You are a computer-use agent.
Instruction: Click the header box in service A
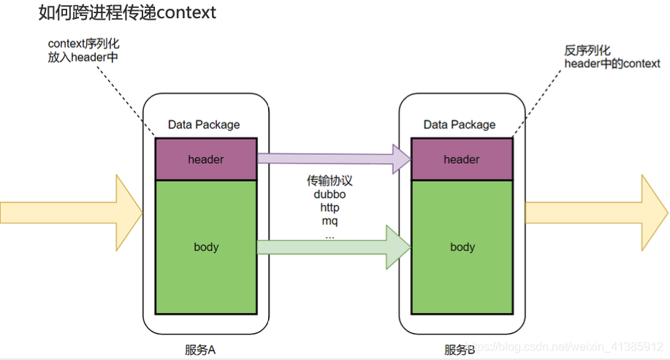[x=205, y=159]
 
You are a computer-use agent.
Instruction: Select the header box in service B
[x=461, y=159]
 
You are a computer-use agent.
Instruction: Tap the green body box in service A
[x=205, y=247]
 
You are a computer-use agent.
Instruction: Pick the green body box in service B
[x=461, y=247]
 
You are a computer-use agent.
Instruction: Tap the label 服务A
[x=199, y=349]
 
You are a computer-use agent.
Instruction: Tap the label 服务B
[x=460, y=349]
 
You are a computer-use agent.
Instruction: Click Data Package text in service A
[x=204, y=125]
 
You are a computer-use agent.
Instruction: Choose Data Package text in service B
[x=460, y=125]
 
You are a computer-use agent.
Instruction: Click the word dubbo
[x=330, y=195]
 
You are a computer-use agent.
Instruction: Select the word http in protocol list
[x=330, y=208]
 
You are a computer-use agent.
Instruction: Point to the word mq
[x=330, y=221]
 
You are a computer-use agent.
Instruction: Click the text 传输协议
[x=330, y=181]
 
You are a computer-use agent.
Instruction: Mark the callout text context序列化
[x=83, y=45]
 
